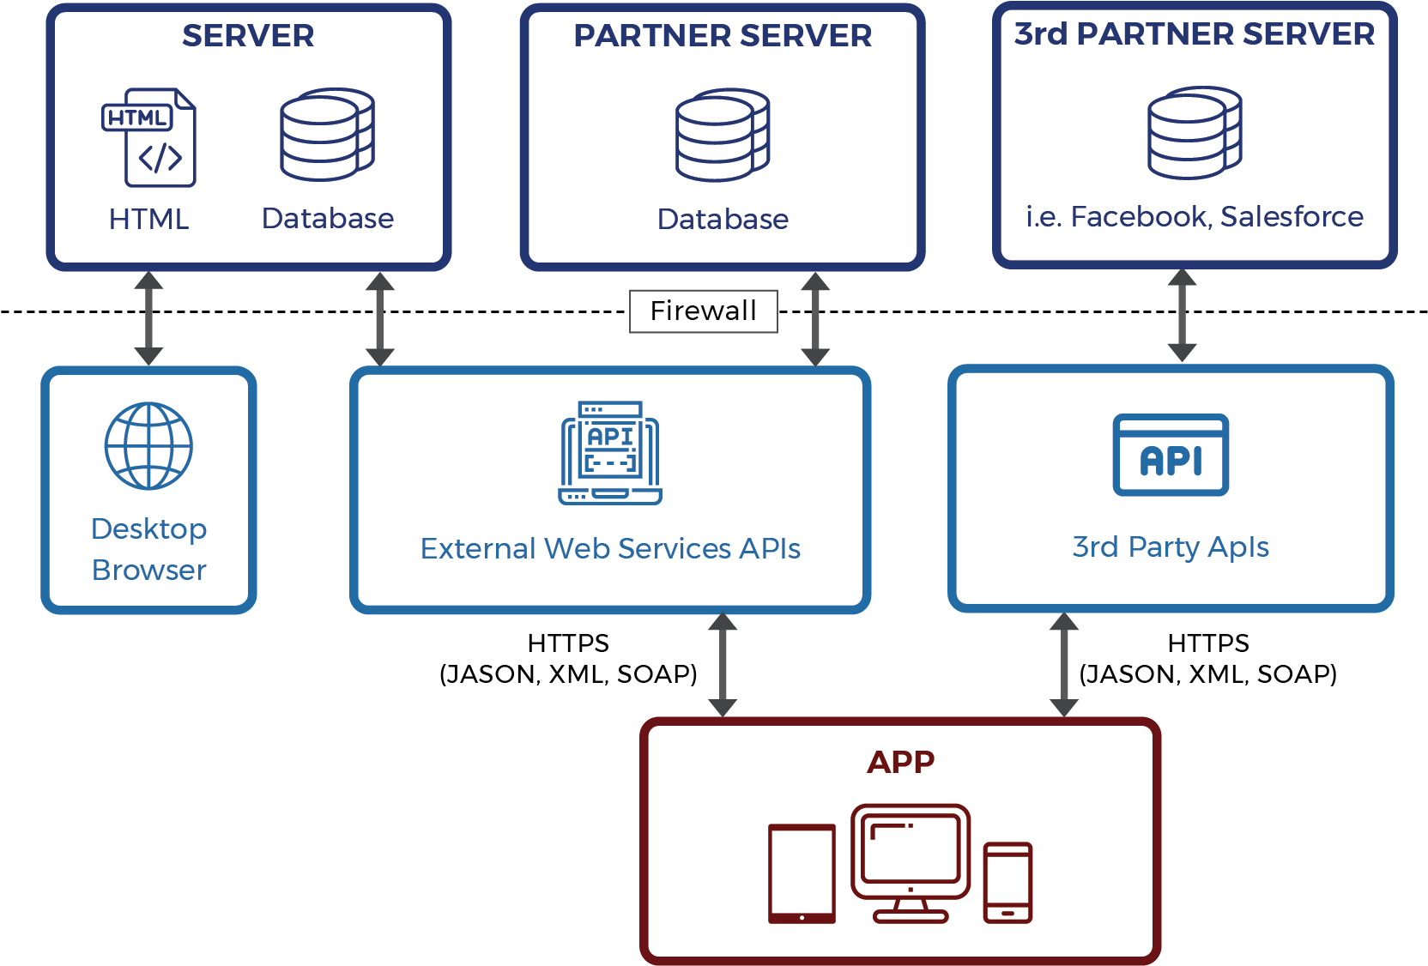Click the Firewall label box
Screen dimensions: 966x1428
(x=703, y=311)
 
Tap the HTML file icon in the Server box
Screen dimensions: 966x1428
(x=149, y=137)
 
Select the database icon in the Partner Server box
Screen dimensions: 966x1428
(x=723, y=135)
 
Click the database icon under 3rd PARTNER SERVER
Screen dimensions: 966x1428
(x=1195, y=133)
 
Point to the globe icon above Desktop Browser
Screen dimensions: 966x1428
(x=148, y=446)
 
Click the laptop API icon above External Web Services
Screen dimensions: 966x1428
(x=610, y=453)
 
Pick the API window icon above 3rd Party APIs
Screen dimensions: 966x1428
(x=1171, y=455)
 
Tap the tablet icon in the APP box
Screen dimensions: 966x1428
(x=802, y=873)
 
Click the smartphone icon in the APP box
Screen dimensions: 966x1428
(x=1007, y=883)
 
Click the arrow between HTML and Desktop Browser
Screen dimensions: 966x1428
(x=148, y=318)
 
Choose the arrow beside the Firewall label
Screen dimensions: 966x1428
(x=815, y=319)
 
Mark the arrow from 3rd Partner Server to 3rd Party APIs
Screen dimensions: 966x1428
(x=1182, y=316)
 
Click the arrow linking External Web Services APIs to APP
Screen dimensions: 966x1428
(x=723, y=665)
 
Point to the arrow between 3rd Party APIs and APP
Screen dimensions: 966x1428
(x=1064, y=665)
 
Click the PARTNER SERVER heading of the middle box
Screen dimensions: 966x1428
(x=723, y=36)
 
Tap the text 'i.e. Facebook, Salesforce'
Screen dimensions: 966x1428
(x=1195, y=217)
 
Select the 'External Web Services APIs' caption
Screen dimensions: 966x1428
(x=610, y=549)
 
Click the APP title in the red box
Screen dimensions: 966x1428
(x=900, y=762)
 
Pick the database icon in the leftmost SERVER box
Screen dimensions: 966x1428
(x=328, y=135)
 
